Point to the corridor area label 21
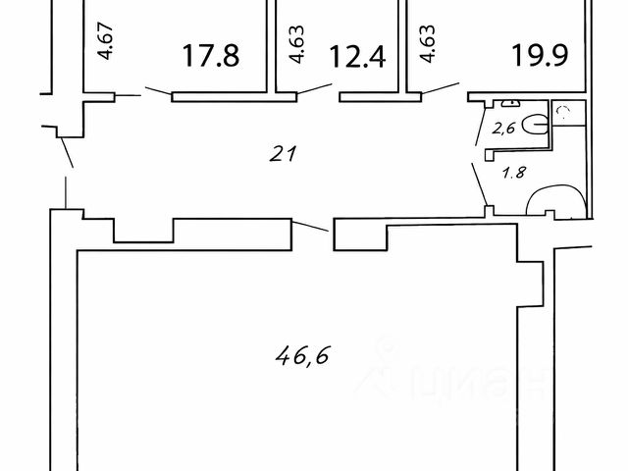(x=283, y=153)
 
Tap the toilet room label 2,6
(x=503, y=126)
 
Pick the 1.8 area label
(x=513, y=174)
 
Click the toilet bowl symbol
(x=535, y=124)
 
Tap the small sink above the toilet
(x=510, y=102)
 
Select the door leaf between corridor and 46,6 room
(x=314, y=227)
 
